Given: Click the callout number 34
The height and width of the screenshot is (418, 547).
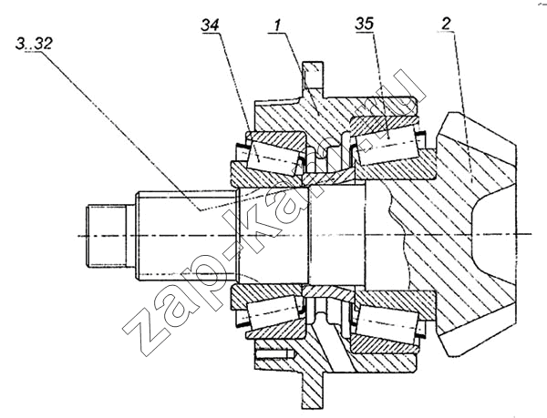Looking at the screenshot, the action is coord(210,25).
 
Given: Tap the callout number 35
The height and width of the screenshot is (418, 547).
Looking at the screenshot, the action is coord(364,24).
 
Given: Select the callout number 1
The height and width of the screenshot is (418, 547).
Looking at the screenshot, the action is coord(278,25).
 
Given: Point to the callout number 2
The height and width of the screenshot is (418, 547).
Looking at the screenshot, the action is coord(446,24).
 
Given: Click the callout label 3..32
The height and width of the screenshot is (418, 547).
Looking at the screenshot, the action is coord(34,44).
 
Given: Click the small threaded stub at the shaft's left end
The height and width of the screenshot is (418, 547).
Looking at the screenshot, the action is coord(106,236).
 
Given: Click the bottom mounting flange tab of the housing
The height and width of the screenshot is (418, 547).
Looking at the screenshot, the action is coord(313,391).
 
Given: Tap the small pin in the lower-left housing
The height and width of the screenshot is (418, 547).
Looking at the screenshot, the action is coord(273,354).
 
